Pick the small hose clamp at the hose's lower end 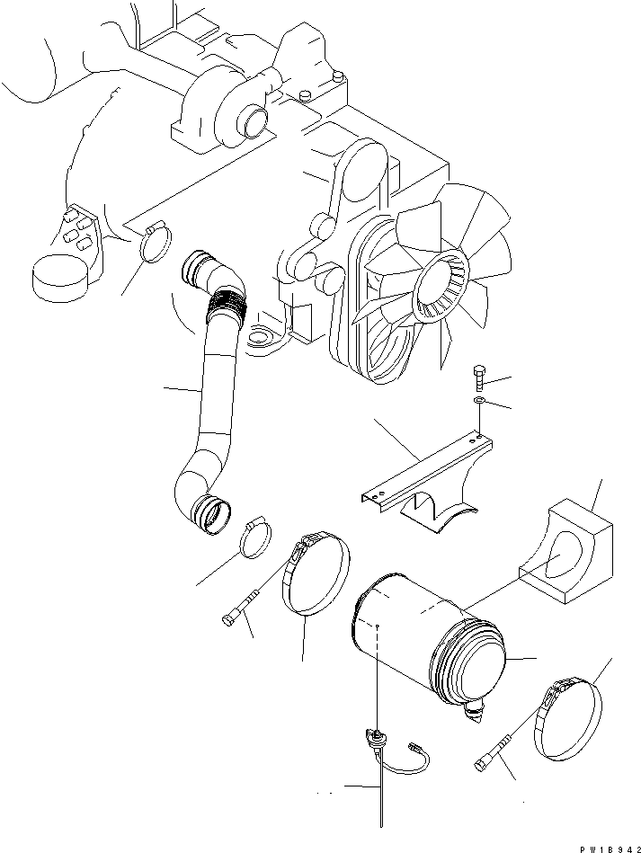coord(255,537)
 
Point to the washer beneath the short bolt coord(479,398)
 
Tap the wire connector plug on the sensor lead coord(415,746)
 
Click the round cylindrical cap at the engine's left coord(58,276)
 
